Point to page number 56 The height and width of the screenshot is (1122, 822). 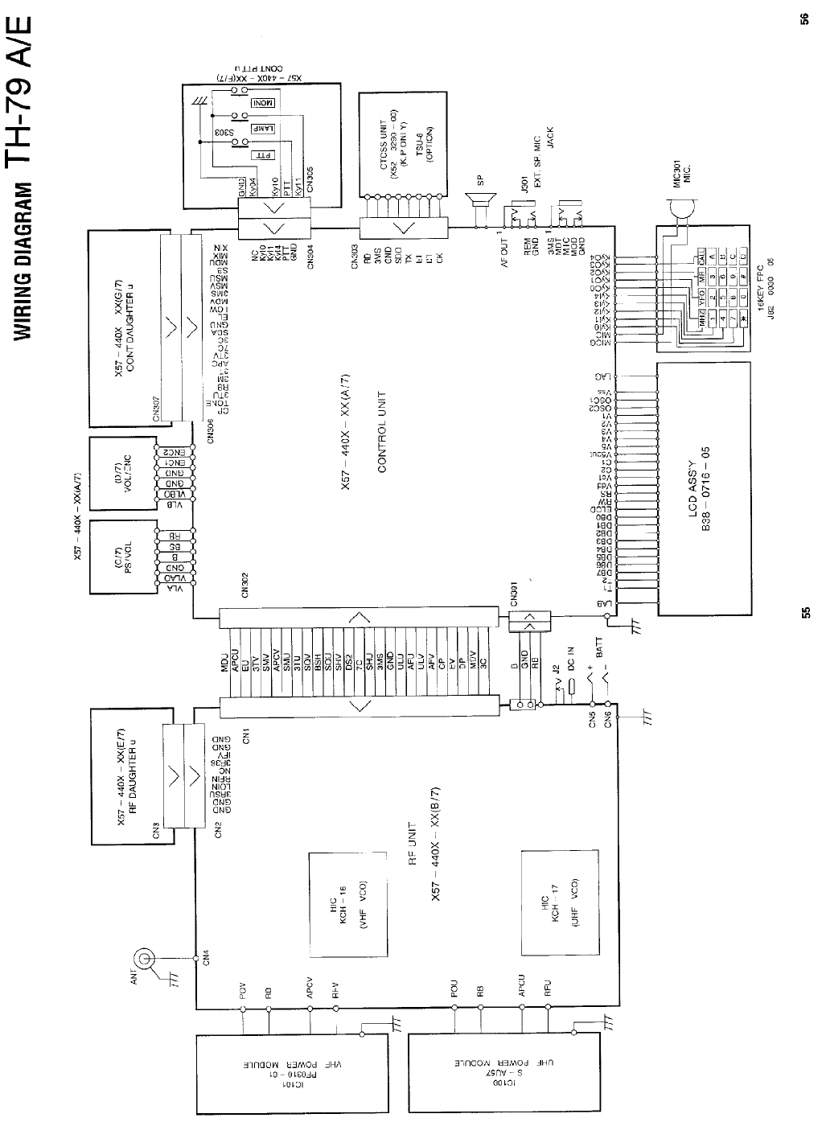pyautogui.click(x=804, y=19)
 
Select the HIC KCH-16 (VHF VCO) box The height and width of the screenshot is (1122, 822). pyautogui.click(x=349, y=904)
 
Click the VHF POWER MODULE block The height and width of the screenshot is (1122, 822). pyautogui.click(x=291, y=1075)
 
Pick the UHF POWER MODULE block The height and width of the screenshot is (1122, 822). pyautogui.click(x=505, y=1075)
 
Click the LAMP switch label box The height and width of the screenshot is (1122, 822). pyautogui.click(x=265, y=128)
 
